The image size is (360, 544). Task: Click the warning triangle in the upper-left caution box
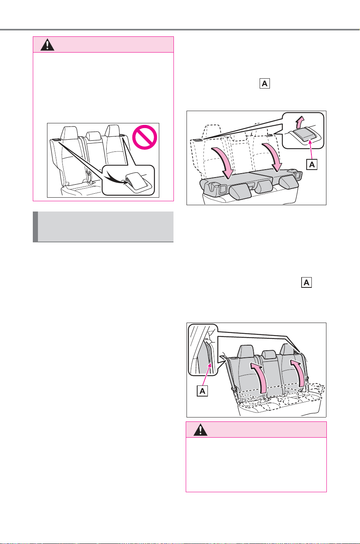pyautogui.click(x=47, y=45)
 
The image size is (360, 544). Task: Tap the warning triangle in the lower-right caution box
pyautogui.click(x=200, y=430)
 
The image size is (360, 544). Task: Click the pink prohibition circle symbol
pyautogui.click(x=145, y=137)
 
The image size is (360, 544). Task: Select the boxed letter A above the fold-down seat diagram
pyautogui.click(x=265, y=83)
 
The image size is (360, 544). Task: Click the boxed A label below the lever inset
pyautogui.click(x=312, y=164)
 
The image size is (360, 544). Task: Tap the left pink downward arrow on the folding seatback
pyautogui.click(x=223, y=163)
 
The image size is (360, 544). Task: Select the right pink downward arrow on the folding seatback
pyautogui.click(x=273, y=157)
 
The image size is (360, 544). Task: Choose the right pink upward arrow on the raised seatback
pyautogui.click(x=298, y=373)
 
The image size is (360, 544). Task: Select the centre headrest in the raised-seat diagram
pyautogui.click(x=269, y=355)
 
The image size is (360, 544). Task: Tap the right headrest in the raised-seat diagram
pyautogui.click(x=287, y=349)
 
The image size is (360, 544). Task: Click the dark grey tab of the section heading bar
pyautogui.click(x=36, y=227)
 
